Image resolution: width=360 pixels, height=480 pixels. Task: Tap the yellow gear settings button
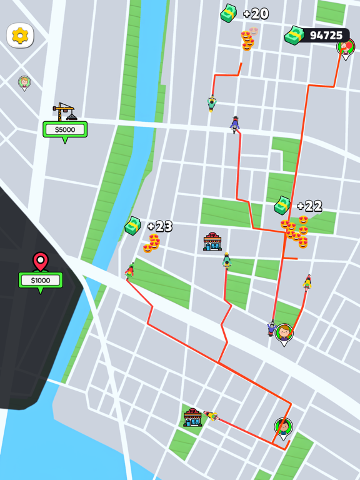tap(20, 36)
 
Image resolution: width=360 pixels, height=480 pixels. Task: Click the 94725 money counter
tap(326, 36)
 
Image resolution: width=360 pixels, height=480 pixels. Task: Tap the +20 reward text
tap(256, 14)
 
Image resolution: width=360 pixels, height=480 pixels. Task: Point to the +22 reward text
tap(309, 206)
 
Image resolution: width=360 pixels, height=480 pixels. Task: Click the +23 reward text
tap(159, 226)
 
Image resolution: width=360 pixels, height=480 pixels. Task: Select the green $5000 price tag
tap(65, 129)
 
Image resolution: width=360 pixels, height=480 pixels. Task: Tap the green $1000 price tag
tap(41, 280)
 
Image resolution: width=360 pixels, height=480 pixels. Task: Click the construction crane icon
tap(64, 112)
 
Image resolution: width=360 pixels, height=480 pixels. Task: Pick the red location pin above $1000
tap(41, 261)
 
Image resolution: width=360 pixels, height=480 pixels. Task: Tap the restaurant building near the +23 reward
tap(212, 242)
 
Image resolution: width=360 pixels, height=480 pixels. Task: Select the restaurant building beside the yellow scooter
tap(192, 417)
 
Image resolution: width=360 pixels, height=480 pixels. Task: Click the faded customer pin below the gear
tap(24, 82)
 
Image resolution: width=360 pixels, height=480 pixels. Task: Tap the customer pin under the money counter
tap(346, 48)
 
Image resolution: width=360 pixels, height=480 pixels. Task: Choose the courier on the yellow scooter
tap(211, 416)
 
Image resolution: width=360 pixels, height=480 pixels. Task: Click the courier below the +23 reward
tap(130, 271)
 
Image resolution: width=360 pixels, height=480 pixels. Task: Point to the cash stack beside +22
tap(282, 205)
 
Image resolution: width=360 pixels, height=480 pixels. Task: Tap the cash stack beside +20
tap(229, 13)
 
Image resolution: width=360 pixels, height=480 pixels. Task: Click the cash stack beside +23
tap(132, 226)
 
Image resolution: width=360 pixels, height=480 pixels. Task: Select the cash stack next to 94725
tap(293, 36)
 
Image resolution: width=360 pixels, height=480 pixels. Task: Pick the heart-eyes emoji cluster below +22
tap(295, 231)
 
